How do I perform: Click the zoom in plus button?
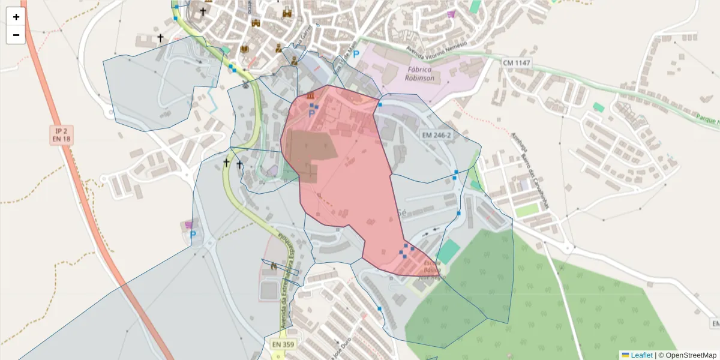click(x=16, y=17)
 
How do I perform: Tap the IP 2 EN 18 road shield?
click(x=61, y=134)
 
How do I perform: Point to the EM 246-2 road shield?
click(x=436, y=135)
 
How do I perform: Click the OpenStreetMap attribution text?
click(x=687, y=355)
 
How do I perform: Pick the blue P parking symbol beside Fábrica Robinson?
click(x=356, y=54)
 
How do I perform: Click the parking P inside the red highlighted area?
click(x=312, y=113)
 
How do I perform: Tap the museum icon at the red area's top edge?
click(x=310, y=97)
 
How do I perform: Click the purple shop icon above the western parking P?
click(x=190, y=224)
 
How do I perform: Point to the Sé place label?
click(x=403, y=212)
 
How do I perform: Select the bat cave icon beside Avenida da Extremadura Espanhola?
click(x=274, y=266)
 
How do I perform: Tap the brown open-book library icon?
click(x=244, y=49)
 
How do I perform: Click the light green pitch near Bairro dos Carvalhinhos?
click(x=527, y=211)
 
